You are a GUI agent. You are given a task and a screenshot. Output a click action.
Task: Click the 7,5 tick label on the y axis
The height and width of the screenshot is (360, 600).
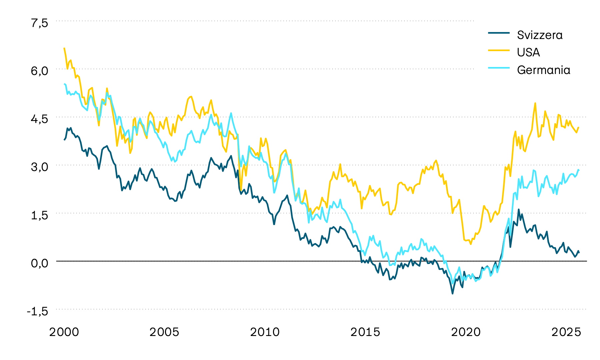[x=40, y=23]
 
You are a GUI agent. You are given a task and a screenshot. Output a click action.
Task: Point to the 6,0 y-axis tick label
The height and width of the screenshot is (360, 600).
[x=40, y=71]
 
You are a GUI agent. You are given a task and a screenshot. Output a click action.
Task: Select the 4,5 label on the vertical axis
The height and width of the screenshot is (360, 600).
[x=40, y=119]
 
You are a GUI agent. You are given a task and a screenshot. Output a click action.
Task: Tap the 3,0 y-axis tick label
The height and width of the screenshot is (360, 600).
[x=40, y=167]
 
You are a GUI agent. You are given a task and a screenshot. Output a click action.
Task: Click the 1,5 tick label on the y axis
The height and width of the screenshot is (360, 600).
[x=40, y=215]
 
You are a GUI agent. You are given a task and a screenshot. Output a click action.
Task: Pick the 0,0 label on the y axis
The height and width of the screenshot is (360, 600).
[x=40, y=263]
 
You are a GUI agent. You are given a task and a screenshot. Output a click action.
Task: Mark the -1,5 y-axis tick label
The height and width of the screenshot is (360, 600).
[x=37, y=311]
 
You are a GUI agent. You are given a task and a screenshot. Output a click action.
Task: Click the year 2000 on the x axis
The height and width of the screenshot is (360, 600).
[x=64, y=332]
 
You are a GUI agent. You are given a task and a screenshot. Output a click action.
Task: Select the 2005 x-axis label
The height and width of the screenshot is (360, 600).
[x=164, y=332]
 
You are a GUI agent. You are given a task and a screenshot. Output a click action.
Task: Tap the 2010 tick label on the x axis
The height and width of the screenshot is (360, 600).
[x=265, y=332]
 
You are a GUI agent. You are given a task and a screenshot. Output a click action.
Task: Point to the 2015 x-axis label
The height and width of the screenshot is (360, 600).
[x=365, y=332]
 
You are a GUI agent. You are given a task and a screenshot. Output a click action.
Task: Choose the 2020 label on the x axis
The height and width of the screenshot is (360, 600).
[x=466, y=332]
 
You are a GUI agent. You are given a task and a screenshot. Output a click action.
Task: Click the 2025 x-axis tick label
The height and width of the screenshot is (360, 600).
[x=566, y=332]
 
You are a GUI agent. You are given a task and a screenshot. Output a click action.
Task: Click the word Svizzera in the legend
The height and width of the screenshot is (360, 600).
[x=540, y=35]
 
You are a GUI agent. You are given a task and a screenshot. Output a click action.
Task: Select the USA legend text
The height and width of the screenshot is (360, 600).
[x=528, y=52]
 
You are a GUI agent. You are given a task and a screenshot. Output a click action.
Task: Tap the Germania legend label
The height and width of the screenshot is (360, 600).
[x=543, y=70]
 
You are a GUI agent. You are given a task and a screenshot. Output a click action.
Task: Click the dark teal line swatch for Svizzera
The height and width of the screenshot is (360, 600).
[x=499, y=33]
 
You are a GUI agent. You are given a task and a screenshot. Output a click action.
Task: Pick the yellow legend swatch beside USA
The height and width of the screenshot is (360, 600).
[x=499, y=50]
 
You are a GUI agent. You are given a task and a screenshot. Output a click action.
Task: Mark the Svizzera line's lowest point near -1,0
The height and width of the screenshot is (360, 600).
[x=452, y=293]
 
